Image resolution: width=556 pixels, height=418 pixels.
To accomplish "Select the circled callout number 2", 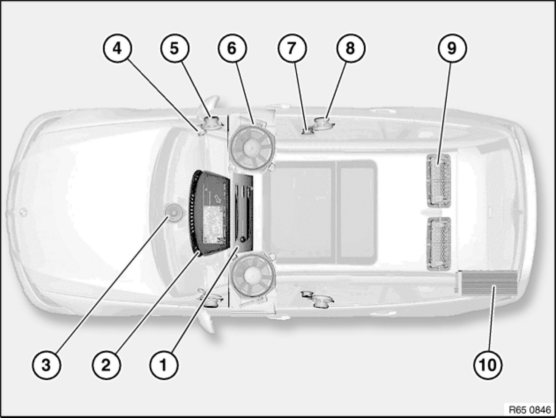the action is tap(106, 365).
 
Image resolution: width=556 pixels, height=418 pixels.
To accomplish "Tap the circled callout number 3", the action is tap(46, 365).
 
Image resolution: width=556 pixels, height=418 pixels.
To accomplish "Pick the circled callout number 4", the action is tap(117, 48).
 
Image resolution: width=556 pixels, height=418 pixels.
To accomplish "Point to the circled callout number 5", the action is tap(175, 48).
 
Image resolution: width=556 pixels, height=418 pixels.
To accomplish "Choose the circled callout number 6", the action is tap(232, 48).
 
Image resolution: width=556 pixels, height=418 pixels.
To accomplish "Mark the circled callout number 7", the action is tap(292, 48).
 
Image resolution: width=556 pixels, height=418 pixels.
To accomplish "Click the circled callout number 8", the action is tap(351, 48).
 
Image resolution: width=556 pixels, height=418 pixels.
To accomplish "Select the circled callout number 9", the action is tap(452, 48).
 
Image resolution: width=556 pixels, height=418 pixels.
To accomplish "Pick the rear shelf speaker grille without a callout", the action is tap(439, 244).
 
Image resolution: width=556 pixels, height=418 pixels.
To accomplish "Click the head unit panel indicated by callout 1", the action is tap(243, 213).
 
